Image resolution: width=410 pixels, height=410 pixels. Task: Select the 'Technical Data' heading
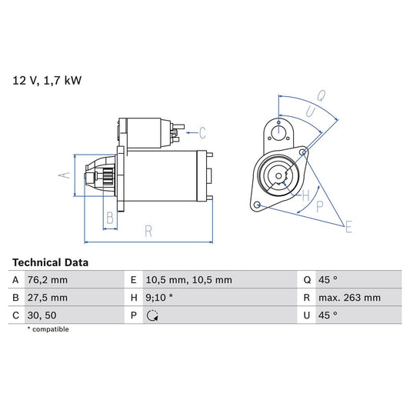pyautogui.click(x=50, y=262)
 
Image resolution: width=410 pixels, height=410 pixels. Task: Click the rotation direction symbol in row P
pyautogui.click(x=152, y=315)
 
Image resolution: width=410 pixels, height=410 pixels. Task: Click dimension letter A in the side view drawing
pyautogui.click(x=65, y=176)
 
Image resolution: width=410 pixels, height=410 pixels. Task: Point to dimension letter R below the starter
pyautogui.click(x=148, y=230)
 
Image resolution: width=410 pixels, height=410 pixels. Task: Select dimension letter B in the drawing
pyautogui.click(x=110, y=218)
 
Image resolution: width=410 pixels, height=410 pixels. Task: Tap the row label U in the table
pyautogui.click(x=307, y=315)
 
